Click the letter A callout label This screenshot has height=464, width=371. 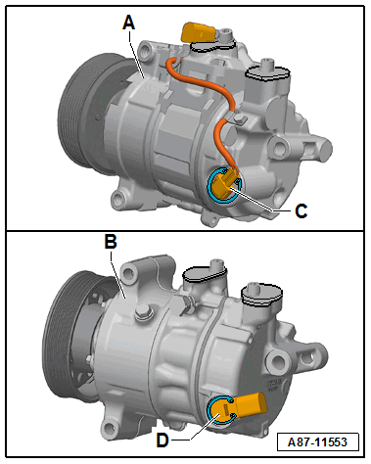pyautogui.click(x=129, y=23)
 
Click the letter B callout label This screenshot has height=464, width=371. pyautogui.click(x=111, y=242)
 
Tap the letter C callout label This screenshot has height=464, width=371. pyautogui.click(x=301, y=211)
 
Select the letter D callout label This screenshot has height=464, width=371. pyautogui.click(x=162, y=441)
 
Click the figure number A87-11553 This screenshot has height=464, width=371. pyautogui.click(x=317, y=442)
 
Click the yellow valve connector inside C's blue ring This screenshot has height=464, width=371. pyautogui.click(x=225, y=185)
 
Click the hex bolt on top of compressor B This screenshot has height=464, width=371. pyautogui.click(x=144, y=312)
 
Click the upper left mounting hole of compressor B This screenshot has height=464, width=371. pyautogui.click(x=127, y=273)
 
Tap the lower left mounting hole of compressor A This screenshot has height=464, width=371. pyautogui.click(x=117, y=199)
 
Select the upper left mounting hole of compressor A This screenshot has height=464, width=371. pyautogui.click(x=146, y=51)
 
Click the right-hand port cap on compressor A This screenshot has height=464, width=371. pyautogui.click(x=267, y=72)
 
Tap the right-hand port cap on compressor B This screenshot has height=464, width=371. pyautogui.click(x=261, y=295)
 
